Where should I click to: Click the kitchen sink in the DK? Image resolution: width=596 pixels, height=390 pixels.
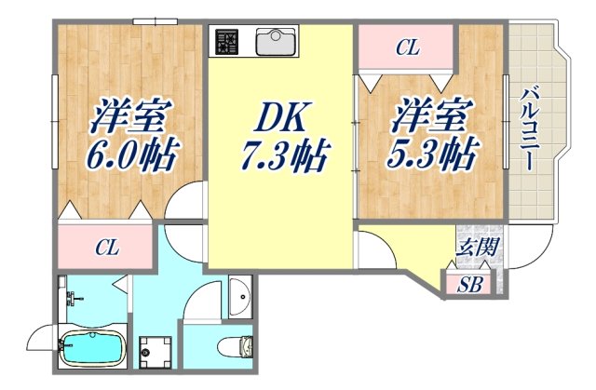tap(275, 40)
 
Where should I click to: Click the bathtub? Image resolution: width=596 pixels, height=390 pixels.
tap(91, 350)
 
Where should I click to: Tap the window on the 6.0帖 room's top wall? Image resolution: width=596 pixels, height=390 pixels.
tap(155, 20)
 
